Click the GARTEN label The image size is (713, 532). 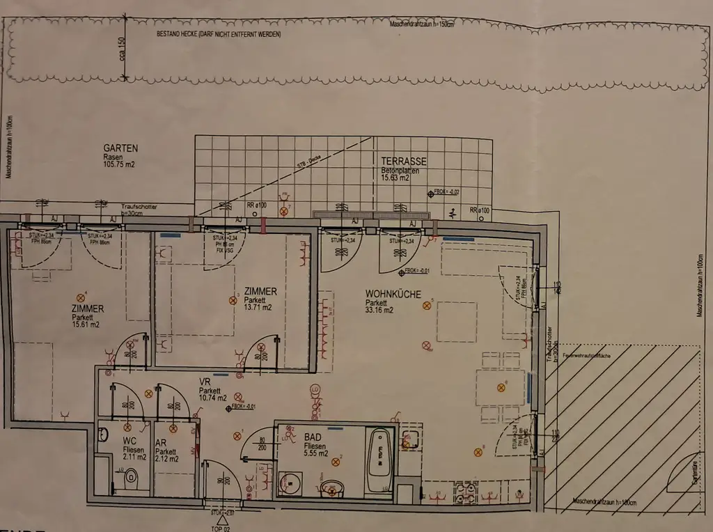[x=120, y=148]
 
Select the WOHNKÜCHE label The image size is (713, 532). [x=393, y=295]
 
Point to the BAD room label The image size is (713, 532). [x=313, y=437]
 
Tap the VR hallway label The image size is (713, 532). [x=205, y=382]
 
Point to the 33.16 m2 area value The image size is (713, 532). [x=379, y=311]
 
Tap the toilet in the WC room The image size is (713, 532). [x=130, y=480]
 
